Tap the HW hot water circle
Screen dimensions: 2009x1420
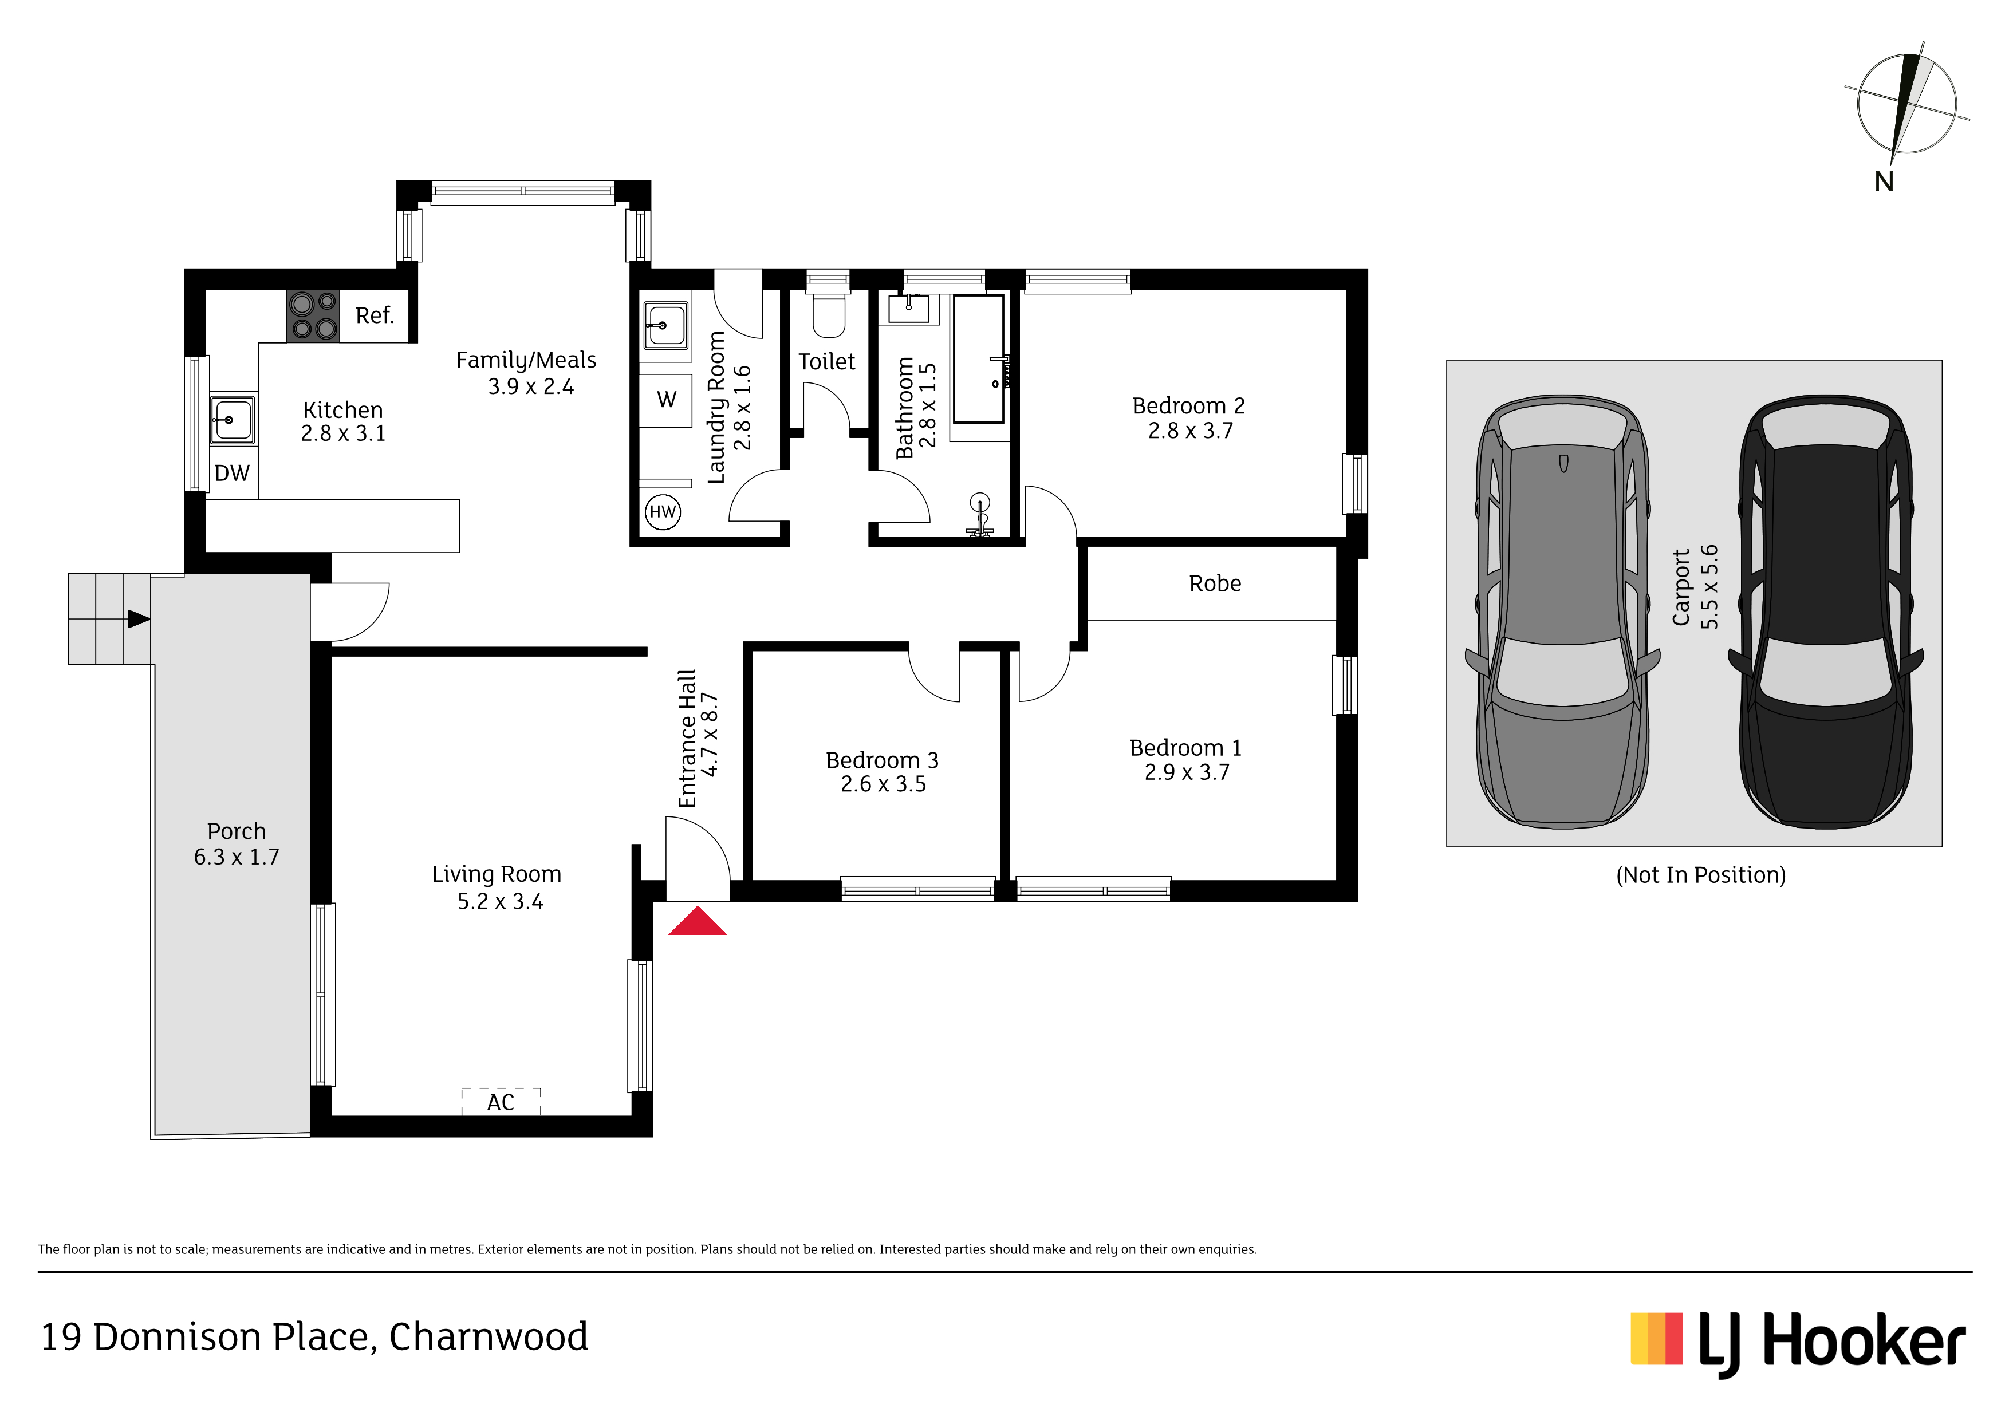pyautogui.click(x=663, y=512)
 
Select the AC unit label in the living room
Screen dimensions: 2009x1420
pyautogui.click(x=501, y=1102)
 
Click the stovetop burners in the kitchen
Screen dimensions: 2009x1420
pyautogui.click(x=313, y=316)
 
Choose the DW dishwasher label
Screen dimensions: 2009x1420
pyautogui.click(x=232, y=474)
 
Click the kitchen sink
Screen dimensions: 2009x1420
pyautogui.click(x=233, y=419)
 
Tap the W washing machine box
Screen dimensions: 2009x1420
pyautogui.click(x=666, y=400)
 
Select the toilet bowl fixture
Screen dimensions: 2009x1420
pyautogui.click(x=829, y=314)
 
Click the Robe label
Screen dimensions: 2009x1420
pyautogui.click(x=1215, y=583)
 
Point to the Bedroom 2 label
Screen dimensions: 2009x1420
pyautogui.click(x=1188, y=406)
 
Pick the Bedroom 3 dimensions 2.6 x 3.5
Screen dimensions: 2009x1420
pyautogui.click(x=883, y=784)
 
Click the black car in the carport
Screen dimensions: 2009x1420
pyautogui.click(x=1826, y=611)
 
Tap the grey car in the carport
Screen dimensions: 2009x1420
pyautogui.click(x=1563, y=611)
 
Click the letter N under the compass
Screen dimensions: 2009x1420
pyautogui.click(x=1884, y=181)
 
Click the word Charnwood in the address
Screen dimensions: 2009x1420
pyautogui.click(x=489, y=1337)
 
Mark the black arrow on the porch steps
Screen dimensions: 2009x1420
pyautogui.click(x=139, y=620)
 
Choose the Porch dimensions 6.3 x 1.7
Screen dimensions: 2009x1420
pyautogui.click(x=237, y=857)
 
